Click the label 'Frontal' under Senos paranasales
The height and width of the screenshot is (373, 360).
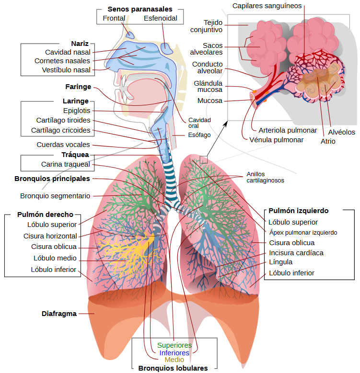tap(114, 19)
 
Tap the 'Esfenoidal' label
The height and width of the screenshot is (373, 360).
tap(161, 19)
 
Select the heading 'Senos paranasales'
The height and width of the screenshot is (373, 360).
tap(139, 9)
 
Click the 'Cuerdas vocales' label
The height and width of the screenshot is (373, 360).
tap(63, 145)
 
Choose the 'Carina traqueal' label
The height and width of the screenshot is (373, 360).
tap(65, 165)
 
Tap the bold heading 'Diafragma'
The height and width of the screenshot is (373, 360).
tap(59, 314)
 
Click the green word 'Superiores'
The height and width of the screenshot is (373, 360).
tap(174, 345)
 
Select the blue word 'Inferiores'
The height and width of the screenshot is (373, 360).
tap(174, 353)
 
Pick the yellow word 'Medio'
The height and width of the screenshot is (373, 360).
tap(174, 360)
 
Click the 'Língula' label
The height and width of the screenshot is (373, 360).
tap(281, 262)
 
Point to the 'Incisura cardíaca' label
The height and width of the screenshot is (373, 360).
tap(296, 253)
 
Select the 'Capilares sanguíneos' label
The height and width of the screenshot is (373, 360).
tap(267, 6)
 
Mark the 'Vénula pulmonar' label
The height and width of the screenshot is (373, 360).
tap(277, 140)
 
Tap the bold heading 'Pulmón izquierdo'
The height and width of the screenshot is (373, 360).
tap(298, 211)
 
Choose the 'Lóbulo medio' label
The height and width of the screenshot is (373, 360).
tap(55, 258)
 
